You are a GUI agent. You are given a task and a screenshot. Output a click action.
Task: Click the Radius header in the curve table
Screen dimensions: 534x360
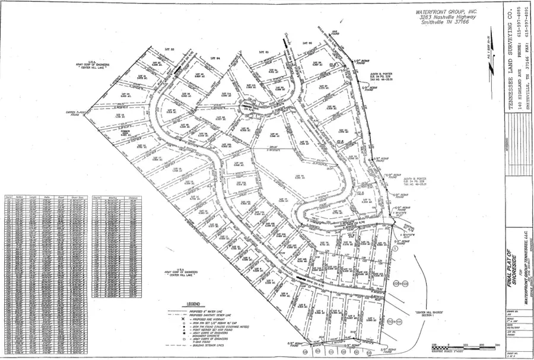[x=18, y=195]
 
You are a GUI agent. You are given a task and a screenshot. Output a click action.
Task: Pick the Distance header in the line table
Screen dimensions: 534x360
[x=135, y=195]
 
